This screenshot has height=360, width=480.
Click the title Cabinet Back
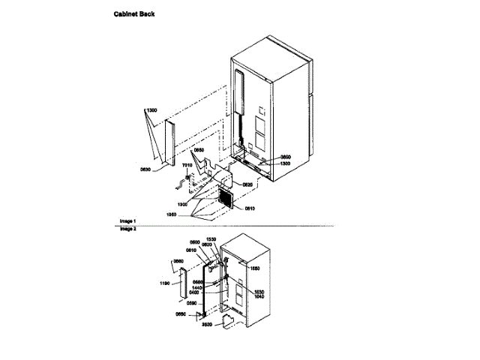coord(135,14)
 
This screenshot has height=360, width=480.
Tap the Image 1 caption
coord(127,221)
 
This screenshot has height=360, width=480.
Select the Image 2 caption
coord(127,229)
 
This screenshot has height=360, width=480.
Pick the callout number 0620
coord(247,184)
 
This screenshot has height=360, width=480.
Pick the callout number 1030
coord(260,291)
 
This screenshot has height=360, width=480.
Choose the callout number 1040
coord(260,296)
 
